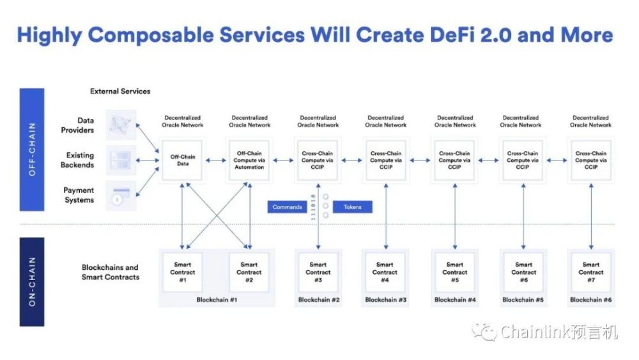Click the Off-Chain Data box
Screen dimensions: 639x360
[182, 160]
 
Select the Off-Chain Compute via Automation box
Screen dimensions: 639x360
[249, 160]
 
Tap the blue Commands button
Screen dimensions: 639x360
[287, 207]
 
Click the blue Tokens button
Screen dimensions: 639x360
[353, 207]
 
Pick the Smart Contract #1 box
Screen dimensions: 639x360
[183, 272]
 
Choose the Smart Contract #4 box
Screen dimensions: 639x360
[385, 272]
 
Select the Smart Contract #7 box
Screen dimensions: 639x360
[591, 272]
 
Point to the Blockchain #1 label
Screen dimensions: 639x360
[217, 300]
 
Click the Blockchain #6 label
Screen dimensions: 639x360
[591, 300]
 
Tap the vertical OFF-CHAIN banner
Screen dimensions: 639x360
[32, 150]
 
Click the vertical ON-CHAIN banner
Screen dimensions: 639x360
[32, 282]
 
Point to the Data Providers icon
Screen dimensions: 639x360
[121, 125]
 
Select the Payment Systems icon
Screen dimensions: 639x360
[121, 196]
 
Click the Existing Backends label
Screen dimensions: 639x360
[77, 160]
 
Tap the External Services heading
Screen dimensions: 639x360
[120, 91]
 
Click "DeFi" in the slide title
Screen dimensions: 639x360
[452, 35]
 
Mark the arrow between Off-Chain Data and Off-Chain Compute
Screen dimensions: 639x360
[215, 160]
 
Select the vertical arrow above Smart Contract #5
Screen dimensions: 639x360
[455, 216]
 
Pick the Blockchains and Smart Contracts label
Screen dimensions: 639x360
[111, 272]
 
